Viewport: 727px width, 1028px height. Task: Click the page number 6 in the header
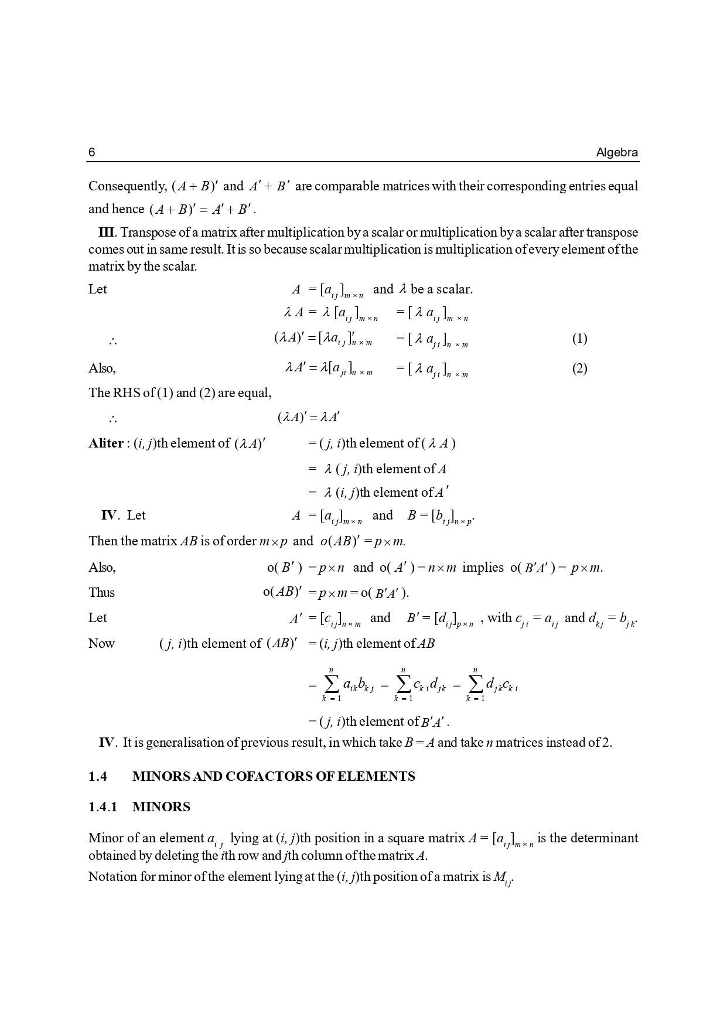coord(91,153)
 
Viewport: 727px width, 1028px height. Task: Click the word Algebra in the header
coord(617,153)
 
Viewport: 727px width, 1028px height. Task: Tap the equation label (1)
coord(579,339)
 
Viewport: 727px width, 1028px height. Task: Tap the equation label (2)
coord(579,368)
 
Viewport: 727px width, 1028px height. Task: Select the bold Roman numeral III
coord(108,233)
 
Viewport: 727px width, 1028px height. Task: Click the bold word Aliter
coord(105,443)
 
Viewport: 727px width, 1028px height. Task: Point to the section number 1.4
coord(98,777)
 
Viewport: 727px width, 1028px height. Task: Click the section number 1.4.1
coord(103,807)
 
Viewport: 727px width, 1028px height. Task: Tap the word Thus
coord(101,593)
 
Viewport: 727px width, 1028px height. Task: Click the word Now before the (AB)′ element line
coord(101,644)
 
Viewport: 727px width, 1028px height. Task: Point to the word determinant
coord(603,838)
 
